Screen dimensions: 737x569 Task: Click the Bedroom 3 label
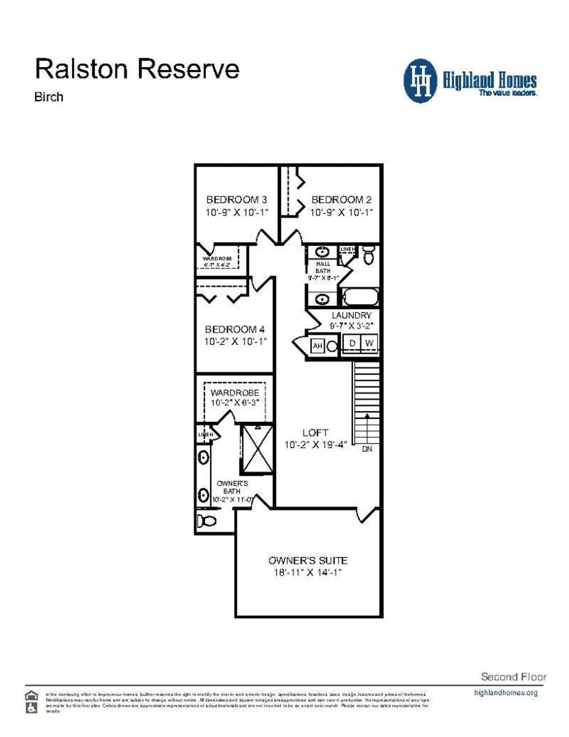tap(236, 200)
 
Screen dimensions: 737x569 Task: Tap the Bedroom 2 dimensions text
tap(341, 213)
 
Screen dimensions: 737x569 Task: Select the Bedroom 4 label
tap(235, 329)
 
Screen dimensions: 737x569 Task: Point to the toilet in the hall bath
tap(369, 255)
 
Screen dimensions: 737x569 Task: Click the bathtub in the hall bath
tap(361, 297)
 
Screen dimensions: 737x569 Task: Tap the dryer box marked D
tap(353, 343)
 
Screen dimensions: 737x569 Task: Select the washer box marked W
tap(369, 343)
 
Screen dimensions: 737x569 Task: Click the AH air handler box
tap(317, 346)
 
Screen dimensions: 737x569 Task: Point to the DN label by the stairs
tap(367, 449)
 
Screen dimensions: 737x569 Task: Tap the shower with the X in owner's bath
tap(257, 449)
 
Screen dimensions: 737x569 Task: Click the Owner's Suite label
tap(308, 560)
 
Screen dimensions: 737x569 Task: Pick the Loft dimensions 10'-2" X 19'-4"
tap(315, 445)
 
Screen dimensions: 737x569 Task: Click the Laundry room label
tap(351, 315)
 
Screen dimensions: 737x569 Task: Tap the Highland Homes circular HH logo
tap(420, 81)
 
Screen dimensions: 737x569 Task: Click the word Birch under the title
tap(49, 97)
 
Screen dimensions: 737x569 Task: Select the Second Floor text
tap(513, 677)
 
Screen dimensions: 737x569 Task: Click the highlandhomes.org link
tap(505, 692)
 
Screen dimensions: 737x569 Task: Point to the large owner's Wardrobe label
tap(235, 393)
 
